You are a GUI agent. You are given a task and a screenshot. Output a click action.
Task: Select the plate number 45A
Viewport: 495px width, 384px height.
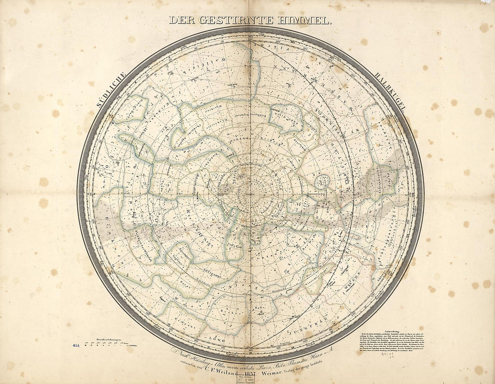click(x=75, y=345)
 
